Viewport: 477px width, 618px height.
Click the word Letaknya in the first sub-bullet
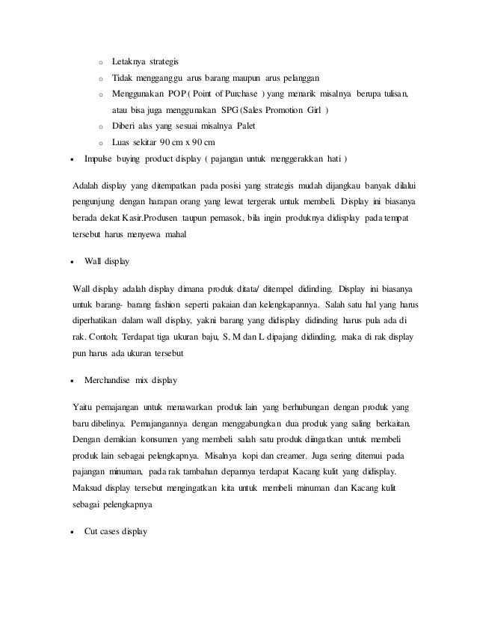[127, 61]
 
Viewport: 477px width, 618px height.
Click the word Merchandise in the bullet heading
[109, 380]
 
